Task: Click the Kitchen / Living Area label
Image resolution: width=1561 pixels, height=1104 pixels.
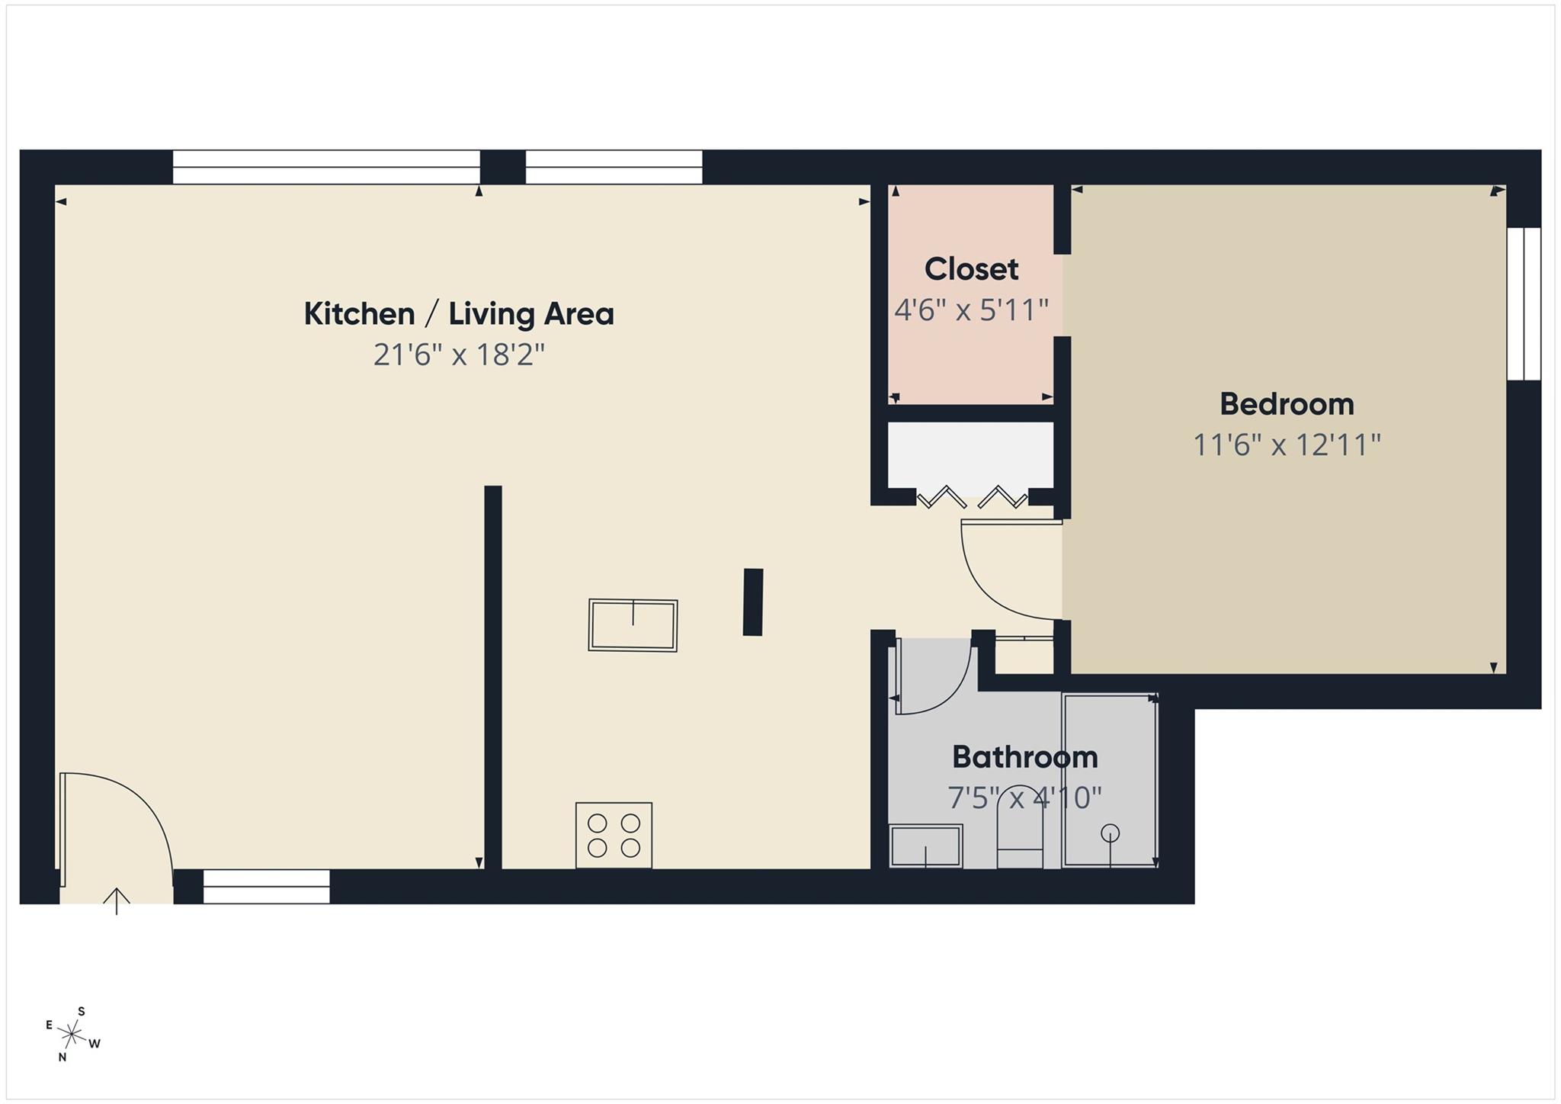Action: tap(459, 314)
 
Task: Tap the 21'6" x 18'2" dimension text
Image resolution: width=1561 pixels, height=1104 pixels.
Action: tap(459, 355)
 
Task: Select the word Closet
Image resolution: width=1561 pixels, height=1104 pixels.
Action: tap(971, 269)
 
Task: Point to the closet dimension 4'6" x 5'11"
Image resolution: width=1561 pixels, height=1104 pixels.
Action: tap(971, 310)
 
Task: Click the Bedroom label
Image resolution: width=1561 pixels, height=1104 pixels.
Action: tap(1287, 404)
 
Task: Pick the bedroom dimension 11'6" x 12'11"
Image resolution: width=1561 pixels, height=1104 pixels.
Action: tap(1287, 444)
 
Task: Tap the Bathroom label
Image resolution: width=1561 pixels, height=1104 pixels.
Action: tap(1024, 757)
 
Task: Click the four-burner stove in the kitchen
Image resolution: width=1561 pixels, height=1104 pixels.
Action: tap(614, 835)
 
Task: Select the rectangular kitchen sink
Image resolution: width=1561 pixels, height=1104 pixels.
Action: tap(633, 625)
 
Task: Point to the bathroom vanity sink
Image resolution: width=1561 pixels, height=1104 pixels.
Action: tap(926, 846)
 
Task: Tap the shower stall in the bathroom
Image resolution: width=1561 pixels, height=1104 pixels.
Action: tap(1110, 780)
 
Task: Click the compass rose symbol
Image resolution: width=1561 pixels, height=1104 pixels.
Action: tap(72, 1035)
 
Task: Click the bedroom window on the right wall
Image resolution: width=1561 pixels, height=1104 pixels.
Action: tap(1524, 303)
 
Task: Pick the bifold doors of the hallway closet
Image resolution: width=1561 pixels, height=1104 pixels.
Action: tap(972, 498)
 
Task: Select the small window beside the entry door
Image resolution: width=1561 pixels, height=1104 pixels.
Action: tap(266, 887)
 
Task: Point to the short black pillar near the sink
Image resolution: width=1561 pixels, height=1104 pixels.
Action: tap(753, 602)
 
